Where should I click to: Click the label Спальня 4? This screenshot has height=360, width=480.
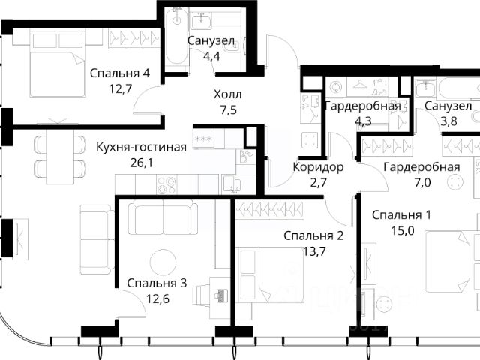pyautogui.click(x=120, y=73)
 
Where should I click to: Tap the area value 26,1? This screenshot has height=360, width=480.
pyautogui.click(x=141, y=163)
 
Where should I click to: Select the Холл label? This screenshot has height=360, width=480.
pyautogui.click(x=228, y=94)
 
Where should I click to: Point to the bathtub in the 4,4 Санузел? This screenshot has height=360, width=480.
pyautogui.click(x=177, y=37)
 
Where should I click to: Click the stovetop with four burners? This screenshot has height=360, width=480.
pyautogui.click(x=166, y=184)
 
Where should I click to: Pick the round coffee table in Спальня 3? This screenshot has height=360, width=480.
pyautogui.click(x=163, y=262)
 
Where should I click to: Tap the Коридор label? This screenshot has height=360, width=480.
pyautogui.click(x=318, y=167)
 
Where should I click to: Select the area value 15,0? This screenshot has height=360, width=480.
pyautogui.click(x=403, y=230)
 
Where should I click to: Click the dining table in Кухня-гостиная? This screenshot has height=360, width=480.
pyautogui.click(x=60, y=157)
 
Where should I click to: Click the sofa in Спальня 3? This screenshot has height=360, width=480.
pyautogui.click(x=163, y=217)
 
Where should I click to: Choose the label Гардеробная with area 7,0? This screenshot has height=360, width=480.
pyautogui.click(x=421, y=167)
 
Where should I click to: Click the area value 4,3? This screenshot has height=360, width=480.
pyautogui.click(x=363, y=121)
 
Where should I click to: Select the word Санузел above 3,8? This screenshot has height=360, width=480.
pyautogui.click(x=448, y=106)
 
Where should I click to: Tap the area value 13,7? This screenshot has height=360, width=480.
pyautogui.click(x=314, y=252)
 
